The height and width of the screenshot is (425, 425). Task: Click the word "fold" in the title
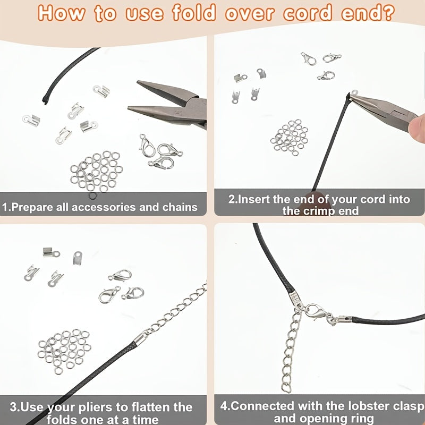194,12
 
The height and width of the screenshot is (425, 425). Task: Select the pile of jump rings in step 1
97,172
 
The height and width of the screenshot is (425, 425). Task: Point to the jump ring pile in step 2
290,137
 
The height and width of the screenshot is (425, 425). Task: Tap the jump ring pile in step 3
64,351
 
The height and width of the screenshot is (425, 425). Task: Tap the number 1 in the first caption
5,207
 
